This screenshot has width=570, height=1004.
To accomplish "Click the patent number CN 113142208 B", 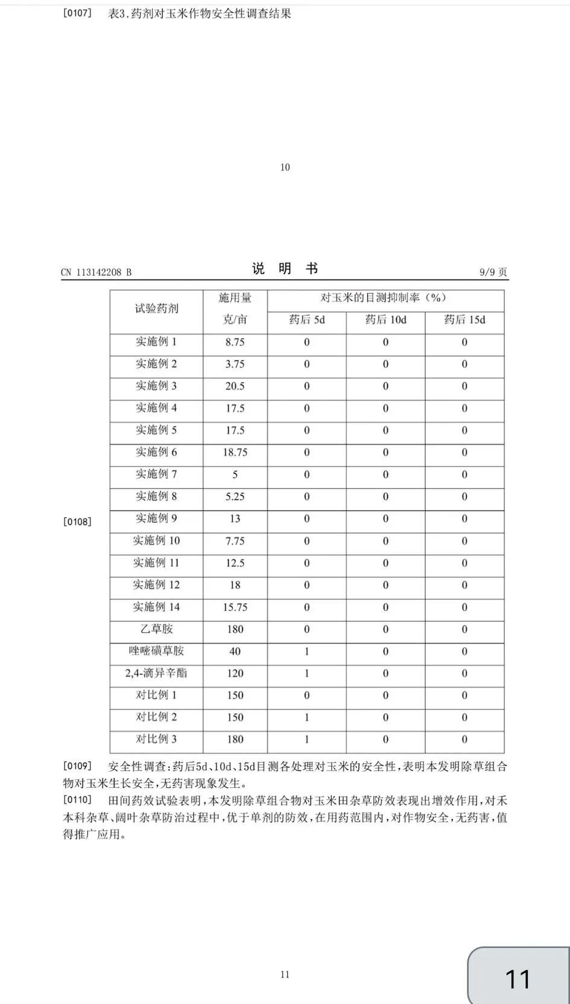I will pos(96,272).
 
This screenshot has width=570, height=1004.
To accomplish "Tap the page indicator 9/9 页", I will pos(493,272).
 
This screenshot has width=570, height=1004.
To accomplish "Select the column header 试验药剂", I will pos(156,309).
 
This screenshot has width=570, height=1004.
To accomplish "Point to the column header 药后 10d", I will pos(385,320).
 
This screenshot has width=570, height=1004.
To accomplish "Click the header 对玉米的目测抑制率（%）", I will pos(385,298).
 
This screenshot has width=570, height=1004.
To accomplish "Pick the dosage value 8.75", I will pos(235,342).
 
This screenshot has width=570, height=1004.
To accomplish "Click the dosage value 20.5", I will pos(235,386).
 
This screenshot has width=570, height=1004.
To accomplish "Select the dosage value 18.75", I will pos(235,452).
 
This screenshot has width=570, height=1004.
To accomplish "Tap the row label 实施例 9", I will pos(156,518).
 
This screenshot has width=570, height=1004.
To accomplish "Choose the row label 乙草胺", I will pos(156,629).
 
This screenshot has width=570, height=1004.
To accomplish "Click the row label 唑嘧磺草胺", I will pos(156,651).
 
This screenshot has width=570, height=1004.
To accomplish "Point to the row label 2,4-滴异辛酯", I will pos(156,673).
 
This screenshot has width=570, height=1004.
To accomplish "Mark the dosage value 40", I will pos(235,651).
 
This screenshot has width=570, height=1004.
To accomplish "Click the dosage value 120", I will pos(235,673).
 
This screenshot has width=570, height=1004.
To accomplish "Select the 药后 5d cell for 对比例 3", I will pos(306,740).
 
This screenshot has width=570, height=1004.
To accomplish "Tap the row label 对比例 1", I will pos(156,695).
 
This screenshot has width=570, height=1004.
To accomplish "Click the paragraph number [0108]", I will pos(77,522).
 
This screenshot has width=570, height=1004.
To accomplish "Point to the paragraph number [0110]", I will pos(77,801).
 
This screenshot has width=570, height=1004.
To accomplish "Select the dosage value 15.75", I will pos(235,607).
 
